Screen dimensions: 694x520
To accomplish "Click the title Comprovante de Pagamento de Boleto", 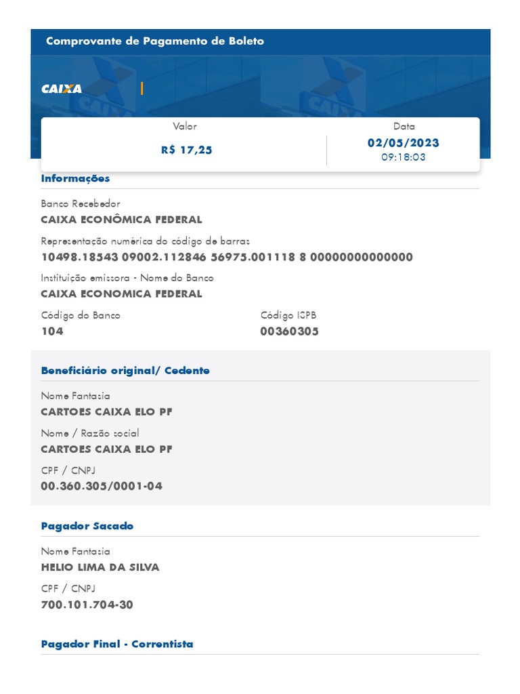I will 155,41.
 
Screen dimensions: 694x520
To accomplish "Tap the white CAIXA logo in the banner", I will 62,89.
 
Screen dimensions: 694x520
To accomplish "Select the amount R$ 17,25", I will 186,150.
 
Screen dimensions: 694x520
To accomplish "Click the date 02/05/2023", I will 403,143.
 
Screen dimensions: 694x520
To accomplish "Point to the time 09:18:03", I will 403,157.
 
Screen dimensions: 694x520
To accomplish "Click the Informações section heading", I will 75,178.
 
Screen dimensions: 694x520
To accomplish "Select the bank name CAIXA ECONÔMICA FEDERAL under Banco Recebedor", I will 121,220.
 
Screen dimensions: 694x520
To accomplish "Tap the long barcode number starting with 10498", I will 227,257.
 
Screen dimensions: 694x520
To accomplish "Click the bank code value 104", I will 52,331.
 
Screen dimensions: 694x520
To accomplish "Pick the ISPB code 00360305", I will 289,331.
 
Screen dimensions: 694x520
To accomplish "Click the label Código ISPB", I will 288,315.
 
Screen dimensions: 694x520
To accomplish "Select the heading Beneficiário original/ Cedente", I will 125,371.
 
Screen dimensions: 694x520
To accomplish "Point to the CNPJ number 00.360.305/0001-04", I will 102,486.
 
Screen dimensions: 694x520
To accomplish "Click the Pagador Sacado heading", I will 87,526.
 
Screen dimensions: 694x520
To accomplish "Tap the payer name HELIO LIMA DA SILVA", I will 100,567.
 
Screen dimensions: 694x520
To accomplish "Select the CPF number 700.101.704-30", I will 87,605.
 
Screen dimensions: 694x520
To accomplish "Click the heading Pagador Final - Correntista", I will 117,644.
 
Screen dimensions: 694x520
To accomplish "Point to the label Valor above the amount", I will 185,126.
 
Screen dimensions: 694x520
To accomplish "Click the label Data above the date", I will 404,126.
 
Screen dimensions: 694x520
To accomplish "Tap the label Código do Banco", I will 81,315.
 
